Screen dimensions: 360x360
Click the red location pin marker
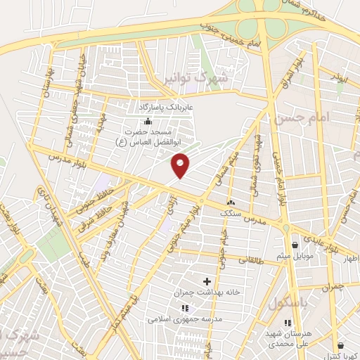click(181, 166)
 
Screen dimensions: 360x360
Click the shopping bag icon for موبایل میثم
click(294, 245)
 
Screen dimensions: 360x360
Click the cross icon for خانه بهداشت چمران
click(207, 281)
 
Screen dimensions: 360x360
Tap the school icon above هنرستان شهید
click(287, 323)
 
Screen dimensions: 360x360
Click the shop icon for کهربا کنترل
click(341, 345)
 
